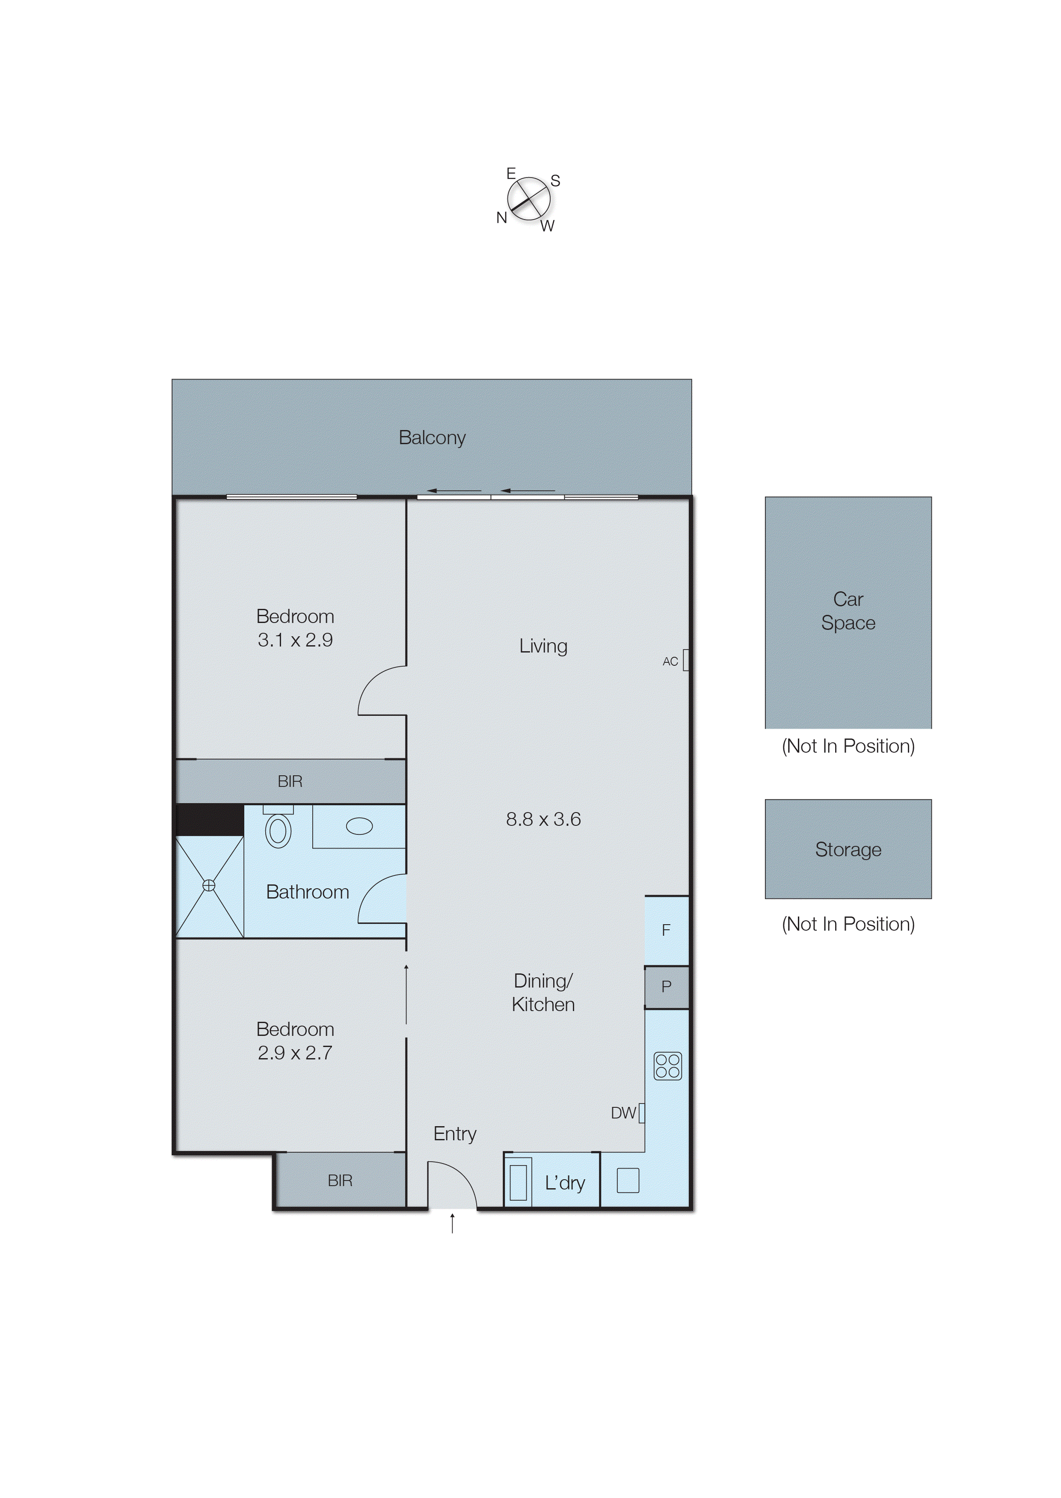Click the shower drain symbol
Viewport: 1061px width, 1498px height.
click(x=208, y=885)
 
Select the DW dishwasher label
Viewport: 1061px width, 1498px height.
click(x=622, y=1112)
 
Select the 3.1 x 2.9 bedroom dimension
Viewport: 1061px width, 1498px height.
click(x=295, y=640)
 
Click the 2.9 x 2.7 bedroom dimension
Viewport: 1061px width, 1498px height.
click(x=295, y=1053)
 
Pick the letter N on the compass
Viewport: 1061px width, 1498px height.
click(x=501, y=217)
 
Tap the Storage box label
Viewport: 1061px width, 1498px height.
click(x=848, y=849)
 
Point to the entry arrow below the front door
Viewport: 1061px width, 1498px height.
click(x=452, y=1223)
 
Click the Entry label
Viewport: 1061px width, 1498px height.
click(x=455, y=1133)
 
